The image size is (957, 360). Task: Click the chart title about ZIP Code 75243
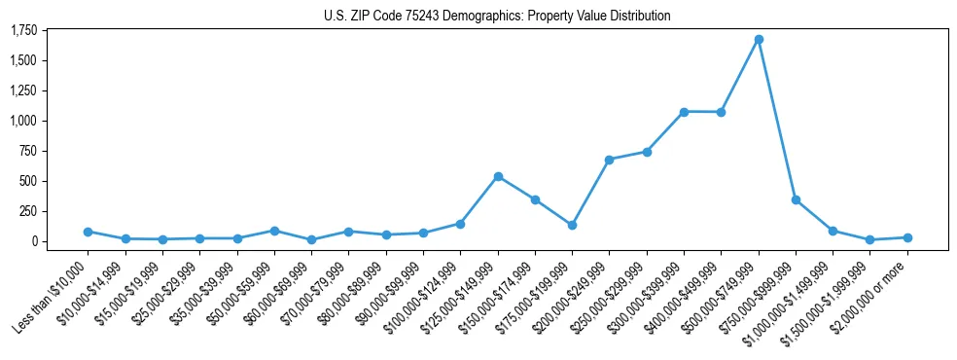[497, 17]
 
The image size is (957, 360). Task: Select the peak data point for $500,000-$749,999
[759, 39]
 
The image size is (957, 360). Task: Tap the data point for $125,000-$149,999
[498, 176]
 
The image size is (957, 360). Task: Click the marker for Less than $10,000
[88, 232]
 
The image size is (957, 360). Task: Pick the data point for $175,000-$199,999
[572, 225]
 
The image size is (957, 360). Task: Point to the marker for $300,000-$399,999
[684, 112]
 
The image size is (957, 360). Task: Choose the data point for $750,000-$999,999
[796, 199]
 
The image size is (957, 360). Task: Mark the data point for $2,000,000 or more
[907, 237]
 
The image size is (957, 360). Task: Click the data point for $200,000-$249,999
[609, 160]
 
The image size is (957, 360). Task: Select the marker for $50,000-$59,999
[274, 231]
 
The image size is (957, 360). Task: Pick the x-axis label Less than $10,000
[54, 292]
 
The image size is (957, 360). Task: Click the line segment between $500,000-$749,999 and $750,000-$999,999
[777, 119]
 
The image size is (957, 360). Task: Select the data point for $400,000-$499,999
[721, 112]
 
